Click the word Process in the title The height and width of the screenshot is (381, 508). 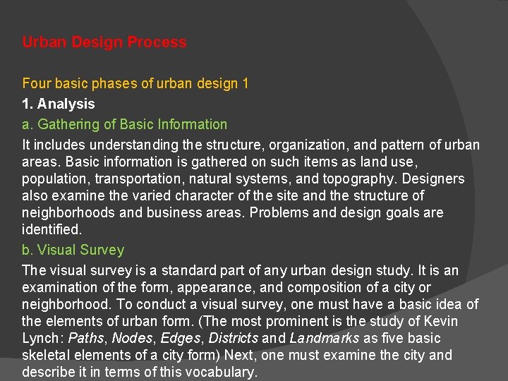157,42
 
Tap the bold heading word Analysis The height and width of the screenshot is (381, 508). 66,104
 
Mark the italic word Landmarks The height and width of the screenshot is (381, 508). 325,339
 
